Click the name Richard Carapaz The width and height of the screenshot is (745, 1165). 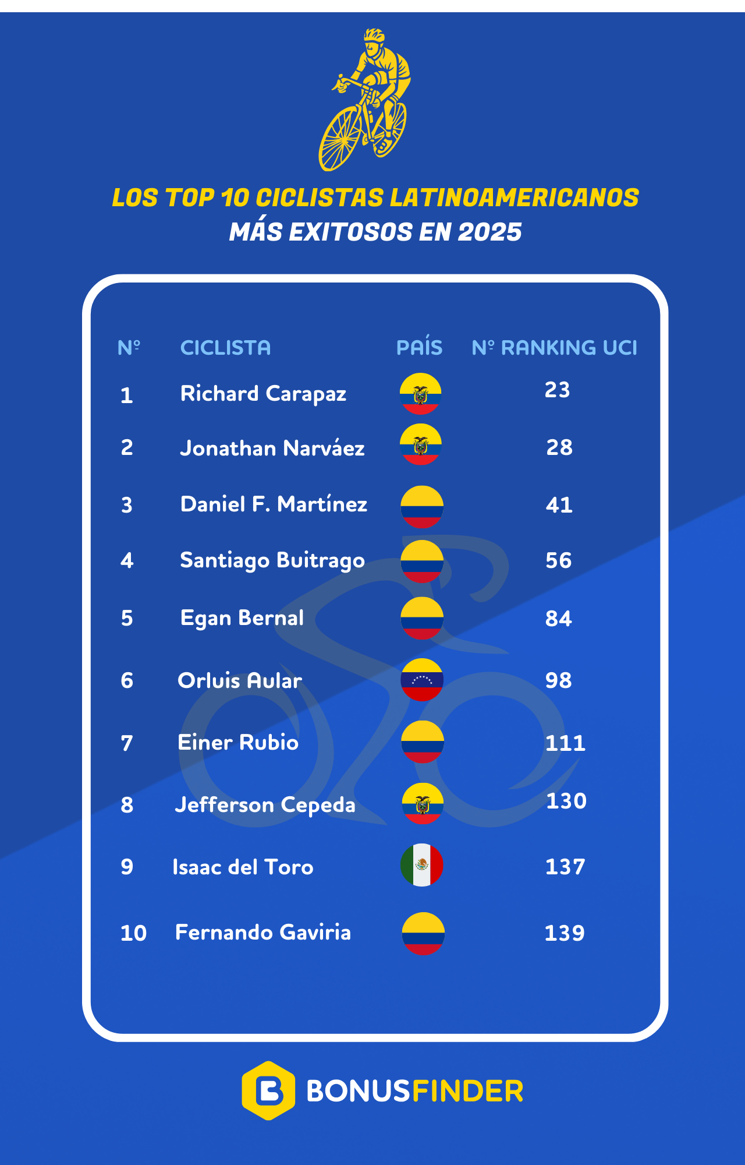pos(263,394)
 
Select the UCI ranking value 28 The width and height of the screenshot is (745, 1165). pos(559,447)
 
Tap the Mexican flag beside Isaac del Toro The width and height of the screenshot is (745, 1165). pos(422,865)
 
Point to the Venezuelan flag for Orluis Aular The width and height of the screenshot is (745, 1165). pos(422,680)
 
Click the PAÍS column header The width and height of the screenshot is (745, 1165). pos(419,348)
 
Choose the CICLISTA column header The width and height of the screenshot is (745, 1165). pos(225,348)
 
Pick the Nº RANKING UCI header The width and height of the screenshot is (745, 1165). pos(554,348)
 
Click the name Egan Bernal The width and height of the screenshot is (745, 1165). pos(242,618)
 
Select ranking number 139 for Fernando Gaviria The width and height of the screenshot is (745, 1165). pos(565,933)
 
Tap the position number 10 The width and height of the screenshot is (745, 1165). pos(133,933)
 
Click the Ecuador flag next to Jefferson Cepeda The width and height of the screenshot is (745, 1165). pos(423,804)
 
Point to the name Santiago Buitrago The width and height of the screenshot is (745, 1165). pos(272,560)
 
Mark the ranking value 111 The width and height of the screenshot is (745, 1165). pos(565,743)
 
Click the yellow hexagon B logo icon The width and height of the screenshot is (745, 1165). pos(268,1090)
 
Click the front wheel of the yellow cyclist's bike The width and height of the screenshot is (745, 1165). pos(340,139)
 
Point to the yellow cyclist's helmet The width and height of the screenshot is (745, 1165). pos(375,35)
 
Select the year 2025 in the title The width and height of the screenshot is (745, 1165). pos(489,232)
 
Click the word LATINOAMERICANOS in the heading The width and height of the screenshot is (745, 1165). pos(515,198)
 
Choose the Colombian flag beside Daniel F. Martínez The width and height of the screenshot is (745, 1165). pos(422,507)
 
